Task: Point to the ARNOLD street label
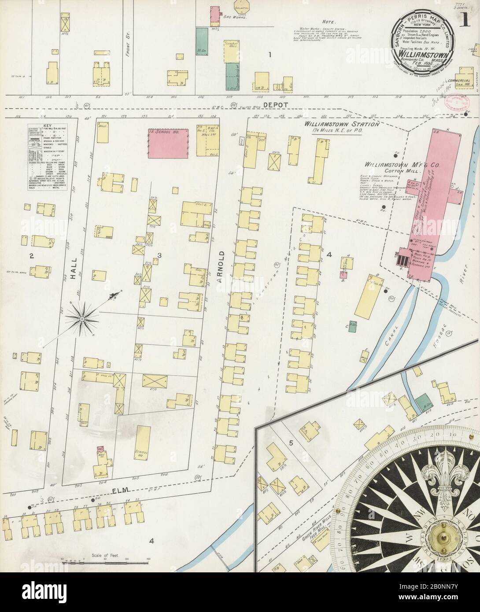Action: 222,265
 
